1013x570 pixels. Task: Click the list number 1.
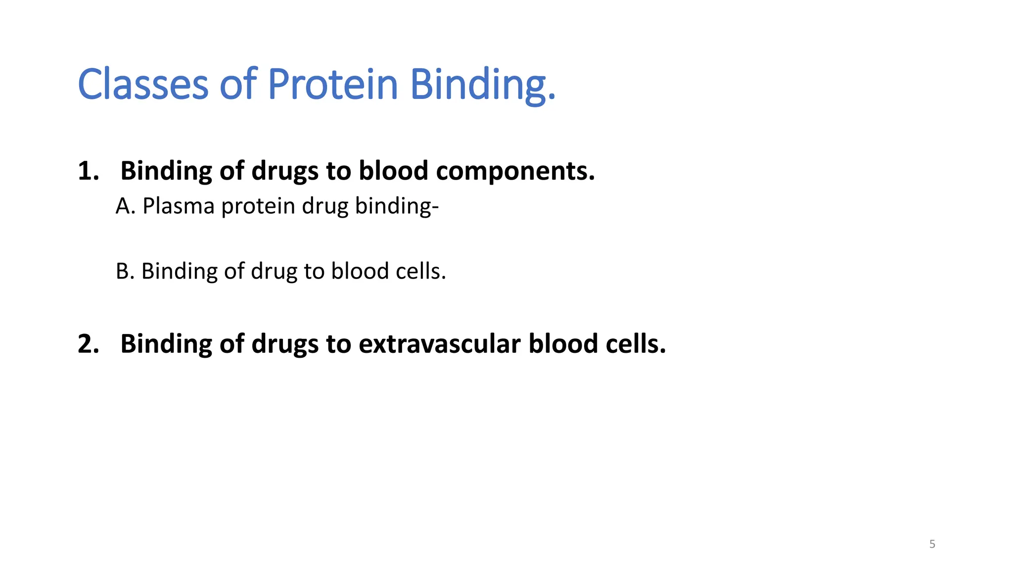(88, 171)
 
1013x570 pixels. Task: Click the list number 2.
(88, 344)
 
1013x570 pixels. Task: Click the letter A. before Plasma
(125, 206)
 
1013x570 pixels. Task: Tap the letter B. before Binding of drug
(125, 271)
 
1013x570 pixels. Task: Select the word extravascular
(439, 344)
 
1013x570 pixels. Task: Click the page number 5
(932, 544)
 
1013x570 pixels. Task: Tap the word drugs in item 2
(284, 344)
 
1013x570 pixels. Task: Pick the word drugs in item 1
(284, 171)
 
